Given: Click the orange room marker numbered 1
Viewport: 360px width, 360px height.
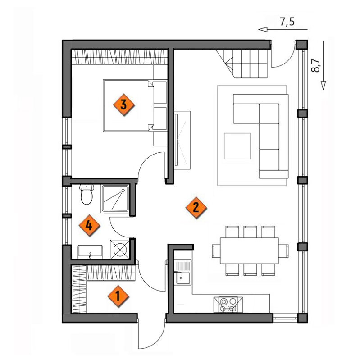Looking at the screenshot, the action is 118,296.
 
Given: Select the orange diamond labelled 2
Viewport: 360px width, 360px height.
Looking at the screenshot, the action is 196,208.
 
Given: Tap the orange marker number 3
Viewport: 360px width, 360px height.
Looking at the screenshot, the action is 123,105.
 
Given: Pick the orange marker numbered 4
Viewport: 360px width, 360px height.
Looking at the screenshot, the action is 89,225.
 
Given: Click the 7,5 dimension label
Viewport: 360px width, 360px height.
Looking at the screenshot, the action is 287,22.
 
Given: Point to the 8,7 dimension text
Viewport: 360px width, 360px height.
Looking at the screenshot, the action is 316,66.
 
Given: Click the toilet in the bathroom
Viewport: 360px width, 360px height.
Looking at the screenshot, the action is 87,194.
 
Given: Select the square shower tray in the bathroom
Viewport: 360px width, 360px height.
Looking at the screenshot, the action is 115,198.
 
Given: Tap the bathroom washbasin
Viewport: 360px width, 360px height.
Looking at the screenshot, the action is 90,252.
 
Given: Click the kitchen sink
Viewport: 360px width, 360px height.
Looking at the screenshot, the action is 182,272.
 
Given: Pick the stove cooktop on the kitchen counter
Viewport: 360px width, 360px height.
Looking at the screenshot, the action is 228,305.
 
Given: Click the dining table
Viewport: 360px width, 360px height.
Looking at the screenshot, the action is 249,251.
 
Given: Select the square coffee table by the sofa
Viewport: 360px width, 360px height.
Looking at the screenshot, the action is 237,146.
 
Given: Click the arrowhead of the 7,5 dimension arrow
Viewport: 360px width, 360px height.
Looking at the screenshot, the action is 263,29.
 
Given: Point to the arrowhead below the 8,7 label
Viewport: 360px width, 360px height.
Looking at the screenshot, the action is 323,85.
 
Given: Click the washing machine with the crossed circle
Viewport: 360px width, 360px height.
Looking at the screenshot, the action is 120,249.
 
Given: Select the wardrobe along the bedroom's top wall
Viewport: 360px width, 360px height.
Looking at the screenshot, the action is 119,57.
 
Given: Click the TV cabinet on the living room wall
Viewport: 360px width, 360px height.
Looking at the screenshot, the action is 182,140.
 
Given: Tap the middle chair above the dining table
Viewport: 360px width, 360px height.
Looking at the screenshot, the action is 250,232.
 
